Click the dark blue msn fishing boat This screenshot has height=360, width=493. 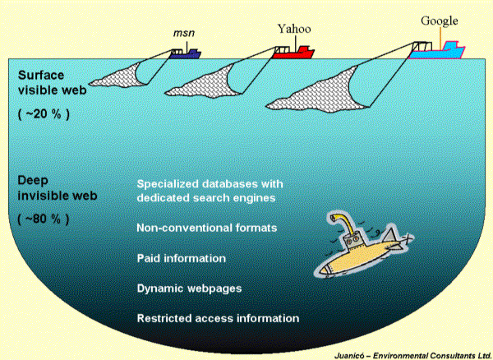pyautogui.click(x=186, y=53)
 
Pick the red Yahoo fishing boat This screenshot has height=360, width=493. pyautogui.click(x=295, y=53)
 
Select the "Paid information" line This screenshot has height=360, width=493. pyautogui.click(x=182, y=258)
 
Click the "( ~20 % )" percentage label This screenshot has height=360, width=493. pyautogui.click(x=44, y=114)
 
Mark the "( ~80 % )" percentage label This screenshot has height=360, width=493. pyautogui.click(x=44, y=219)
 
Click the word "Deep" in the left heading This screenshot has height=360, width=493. pyautogui.click(x=33, y=180)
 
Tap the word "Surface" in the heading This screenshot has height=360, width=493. pyautogui.click(x=40, y=75)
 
